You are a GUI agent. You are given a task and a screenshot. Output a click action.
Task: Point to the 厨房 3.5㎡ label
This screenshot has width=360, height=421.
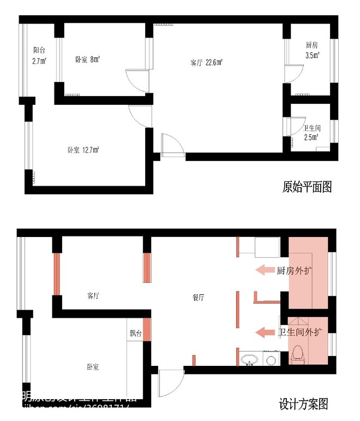pyautogui.click(x=313, y=50)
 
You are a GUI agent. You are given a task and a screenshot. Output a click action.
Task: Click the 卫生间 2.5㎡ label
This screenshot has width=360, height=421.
pyautogui.click(x=311, y=133)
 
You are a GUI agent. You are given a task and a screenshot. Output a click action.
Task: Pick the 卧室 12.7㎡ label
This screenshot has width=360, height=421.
pyautogui.click(x=82, y=150)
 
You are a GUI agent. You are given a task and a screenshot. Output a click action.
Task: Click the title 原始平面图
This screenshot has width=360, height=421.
pyautogui.click(x=307, y=187)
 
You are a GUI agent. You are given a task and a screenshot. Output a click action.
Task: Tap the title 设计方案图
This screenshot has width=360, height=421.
pyautogui.click(x=303, y=404)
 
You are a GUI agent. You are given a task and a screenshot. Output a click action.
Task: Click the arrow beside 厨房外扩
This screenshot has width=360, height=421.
pyautogui.click(x=265, y=270)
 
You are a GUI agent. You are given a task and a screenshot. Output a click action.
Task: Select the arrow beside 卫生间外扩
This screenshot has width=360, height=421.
pyautogui.click(x=265, y=332)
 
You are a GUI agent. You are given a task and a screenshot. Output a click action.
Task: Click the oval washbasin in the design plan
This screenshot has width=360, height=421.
pyautogui.click(x=250, y=359)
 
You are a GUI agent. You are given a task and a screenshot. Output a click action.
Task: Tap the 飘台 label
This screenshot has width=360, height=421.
pyautogui.click(x=135, y=333)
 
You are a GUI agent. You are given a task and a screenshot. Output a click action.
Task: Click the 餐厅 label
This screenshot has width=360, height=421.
pyautogui.click(x=199, y=298)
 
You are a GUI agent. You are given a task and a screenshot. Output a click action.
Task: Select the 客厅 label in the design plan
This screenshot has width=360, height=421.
pyautogui.click(x=93, y=295)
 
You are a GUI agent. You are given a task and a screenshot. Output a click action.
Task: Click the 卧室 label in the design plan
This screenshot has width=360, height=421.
pyautogui.click(x=92, y=367)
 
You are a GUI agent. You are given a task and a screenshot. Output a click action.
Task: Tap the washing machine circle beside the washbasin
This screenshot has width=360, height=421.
pyautogui.click(x=270, y=359)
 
